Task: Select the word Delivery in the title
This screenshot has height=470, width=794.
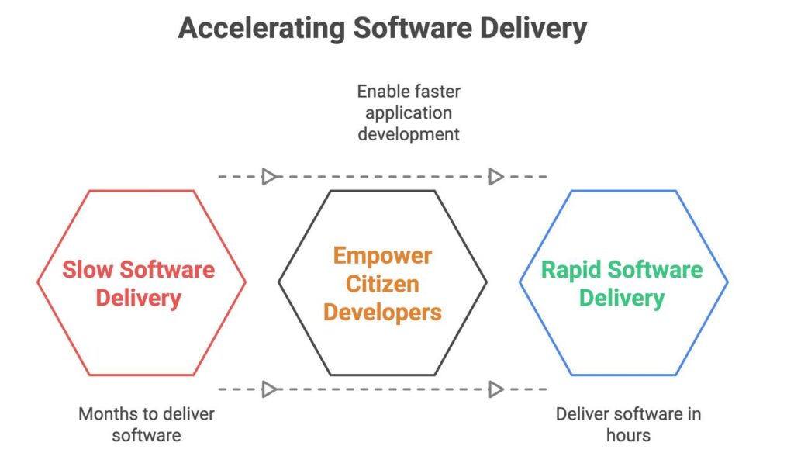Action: [533, 29]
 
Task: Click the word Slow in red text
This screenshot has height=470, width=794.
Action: [88, 269]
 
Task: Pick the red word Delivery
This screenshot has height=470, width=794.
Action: [138, 299]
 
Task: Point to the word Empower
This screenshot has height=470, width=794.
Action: [382, 256]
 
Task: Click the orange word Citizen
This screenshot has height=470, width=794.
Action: [382, 284]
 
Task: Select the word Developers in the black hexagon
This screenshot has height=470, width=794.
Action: [382, 313]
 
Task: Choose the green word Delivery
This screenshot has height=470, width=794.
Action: [622, 299]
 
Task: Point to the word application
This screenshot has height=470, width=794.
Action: [409, 113]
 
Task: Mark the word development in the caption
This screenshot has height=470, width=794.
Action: [409, 134]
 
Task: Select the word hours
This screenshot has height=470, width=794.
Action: [628, 435]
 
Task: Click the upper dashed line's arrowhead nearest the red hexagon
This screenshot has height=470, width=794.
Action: [269, 177]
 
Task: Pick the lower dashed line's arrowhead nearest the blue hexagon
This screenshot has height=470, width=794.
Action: [496, 389]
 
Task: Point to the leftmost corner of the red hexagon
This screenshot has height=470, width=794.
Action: [37, 282]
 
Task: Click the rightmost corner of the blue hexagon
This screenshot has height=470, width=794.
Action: [727, 282]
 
